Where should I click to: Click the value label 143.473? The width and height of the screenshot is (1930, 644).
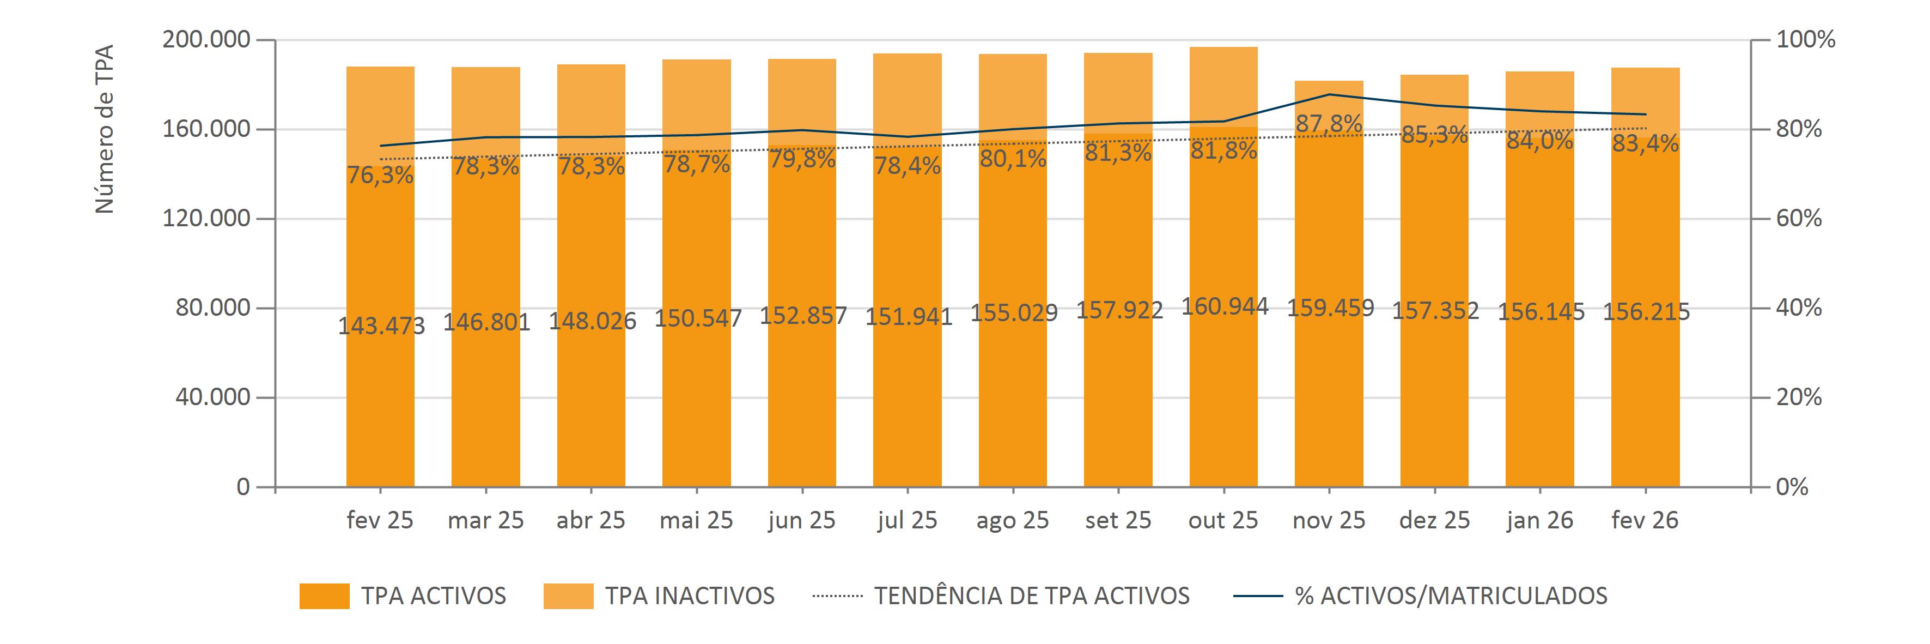pyautogui.click(x=381, y=326)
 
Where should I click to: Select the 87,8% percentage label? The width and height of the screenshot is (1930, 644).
pyautogui.click(x=1329, y=124)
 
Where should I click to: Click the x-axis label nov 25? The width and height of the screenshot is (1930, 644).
pyautogui.click(x=1329, y=520)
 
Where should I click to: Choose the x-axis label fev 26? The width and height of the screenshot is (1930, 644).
pyautogui.click(x=1645, y=520)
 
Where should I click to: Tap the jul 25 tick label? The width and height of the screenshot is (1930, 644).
pyautogui.click(x=908, y=520)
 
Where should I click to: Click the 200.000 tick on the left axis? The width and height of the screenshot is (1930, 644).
pyautogui.click(x=206, y=40)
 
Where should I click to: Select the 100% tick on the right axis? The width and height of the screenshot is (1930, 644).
pyautogui.click(x=1806, y=40)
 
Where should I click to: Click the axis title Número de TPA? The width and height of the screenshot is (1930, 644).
pyautogui.click(x=105, y=129)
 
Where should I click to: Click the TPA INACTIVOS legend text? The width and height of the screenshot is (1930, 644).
pyautogui.click(x=689, y=596)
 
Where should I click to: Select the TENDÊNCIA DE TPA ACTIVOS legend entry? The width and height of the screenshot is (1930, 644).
pyautogui.click(x=1031, y=596)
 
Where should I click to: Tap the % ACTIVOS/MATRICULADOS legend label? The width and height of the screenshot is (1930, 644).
pyautogui.click(x=1451, y=596)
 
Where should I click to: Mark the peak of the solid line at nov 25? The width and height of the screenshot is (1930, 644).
pyautogui.click(x=1329, y=94)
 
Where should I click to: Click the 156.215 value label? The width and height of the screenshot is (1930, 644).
pyautogui.click(x=1646, y=311)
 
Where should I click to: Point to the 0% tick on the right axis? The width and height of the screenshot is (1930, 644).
pyautogui.click(x=1792, y=487)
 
